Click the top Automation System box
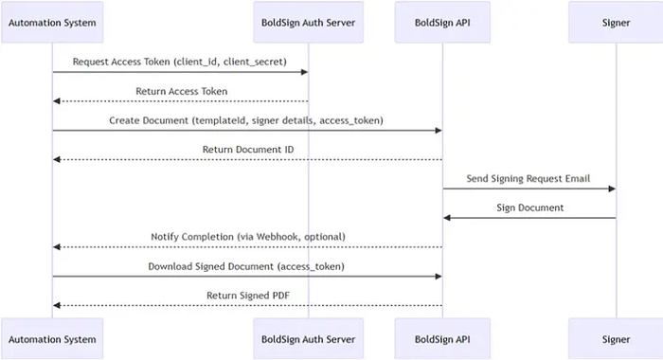52,21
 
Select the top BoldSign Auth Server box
308,21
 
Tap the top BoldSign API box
443,21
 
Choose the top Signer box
616,21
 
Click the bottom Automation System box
52,338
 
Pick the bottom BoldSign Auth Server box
308,338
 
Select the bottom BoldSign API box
443,338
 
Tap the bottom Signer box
616,338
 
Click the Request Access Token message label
180,62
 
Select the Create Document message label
247,120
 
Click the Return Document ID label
247,150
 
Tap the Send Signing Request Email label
529,178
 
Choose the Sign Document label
529,207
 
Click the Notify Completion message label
247,237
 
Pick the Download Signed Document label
247,266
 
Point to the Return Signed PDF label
247,296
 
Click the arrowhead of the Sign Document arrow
448,218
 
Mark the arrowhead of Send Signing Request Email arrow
611,189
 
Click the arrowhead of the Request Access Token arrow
303,72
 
